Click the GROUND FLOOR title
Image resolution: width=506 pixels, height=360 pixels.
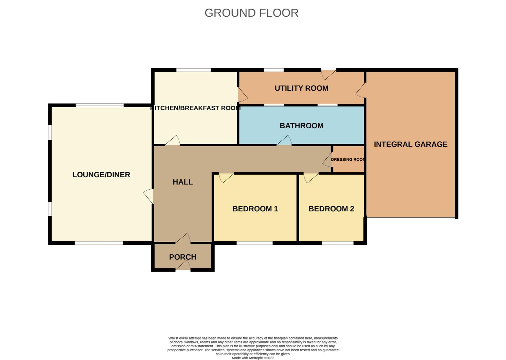point(251,13)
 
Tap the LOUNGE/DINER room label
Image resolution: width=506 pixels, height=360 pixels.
point(101,175)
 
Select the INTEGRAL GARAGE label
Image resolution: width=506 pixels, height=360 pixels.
point(410,144)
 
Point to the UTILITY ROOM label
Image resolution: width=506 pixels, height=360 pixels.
point(301,88)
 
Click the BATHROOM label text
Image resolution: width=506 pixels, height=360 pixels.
point(301,126)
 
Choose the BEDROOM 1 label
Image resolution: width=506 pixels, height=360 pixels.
point(255,209)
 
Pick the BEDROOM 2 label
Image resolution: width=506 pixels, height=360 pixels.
point(331,209)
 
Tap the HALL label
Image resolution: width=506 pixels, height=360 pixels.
point(183,182)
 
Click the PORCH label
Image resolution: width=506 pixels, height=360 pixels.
point(183,257)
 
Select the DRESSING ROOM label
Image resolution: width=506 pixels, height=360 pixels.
point(348,160)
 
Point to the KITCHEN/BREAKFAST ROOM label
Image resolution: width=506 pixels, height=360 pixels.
point(196,108)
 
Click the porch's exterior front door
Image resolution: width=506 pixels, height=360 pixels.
point(183,266)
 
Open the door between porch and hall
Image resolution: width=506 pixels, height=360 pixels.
point(183,239)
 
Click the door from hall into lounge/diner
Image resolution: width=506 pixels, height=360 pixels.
point(149,196)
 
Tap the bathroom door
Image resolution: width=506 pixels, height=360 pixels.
point(284,141)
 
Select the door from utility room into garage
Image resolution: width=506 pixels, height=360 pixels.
point(361,90)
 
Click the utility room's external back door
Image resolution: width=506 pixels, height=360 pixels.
point(328,74)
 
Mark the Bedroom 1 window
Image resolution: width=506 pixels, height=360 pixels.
point(254,243)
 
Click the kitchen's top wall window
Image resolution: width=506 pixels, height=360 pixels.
point(194,70)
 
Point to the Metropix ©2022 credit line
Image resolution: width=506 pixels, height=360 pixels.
point(253,358)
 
